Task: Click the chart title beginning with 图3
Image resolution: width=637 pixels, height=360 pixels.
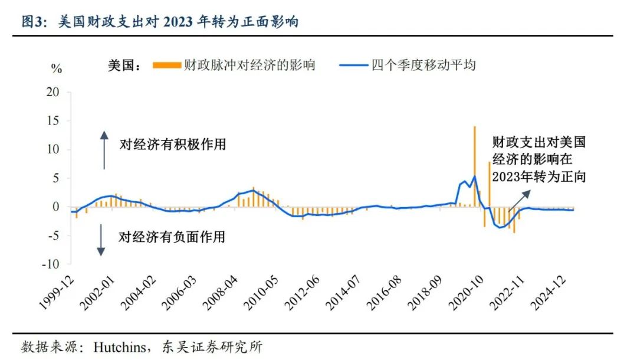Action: tap(159, 22)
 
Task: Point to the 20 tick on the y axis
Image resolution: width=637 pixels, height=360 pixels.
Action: tap(54, 93)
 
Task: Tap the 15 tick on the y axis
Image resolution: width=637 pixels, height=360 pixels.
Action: tap(54, 121)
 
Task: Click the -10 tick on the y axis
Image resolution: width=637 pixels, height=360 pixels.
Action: tap(51, 264)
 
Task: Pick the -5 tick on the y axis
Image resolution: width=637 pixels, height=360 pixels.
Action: tap(54, 235)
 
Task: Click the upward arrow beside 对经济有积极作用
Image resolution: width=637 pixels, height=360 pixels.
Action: tap(104, 150)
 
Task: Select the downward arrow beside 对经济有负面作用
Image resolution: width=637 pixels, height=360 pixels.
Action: tap(101, 240)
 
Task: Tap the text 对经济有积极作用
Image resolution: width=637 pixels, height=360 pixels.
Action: tap(173, 144)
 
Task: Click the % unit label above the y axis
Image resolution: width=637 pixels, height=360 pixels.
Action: tap(57, 69)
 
